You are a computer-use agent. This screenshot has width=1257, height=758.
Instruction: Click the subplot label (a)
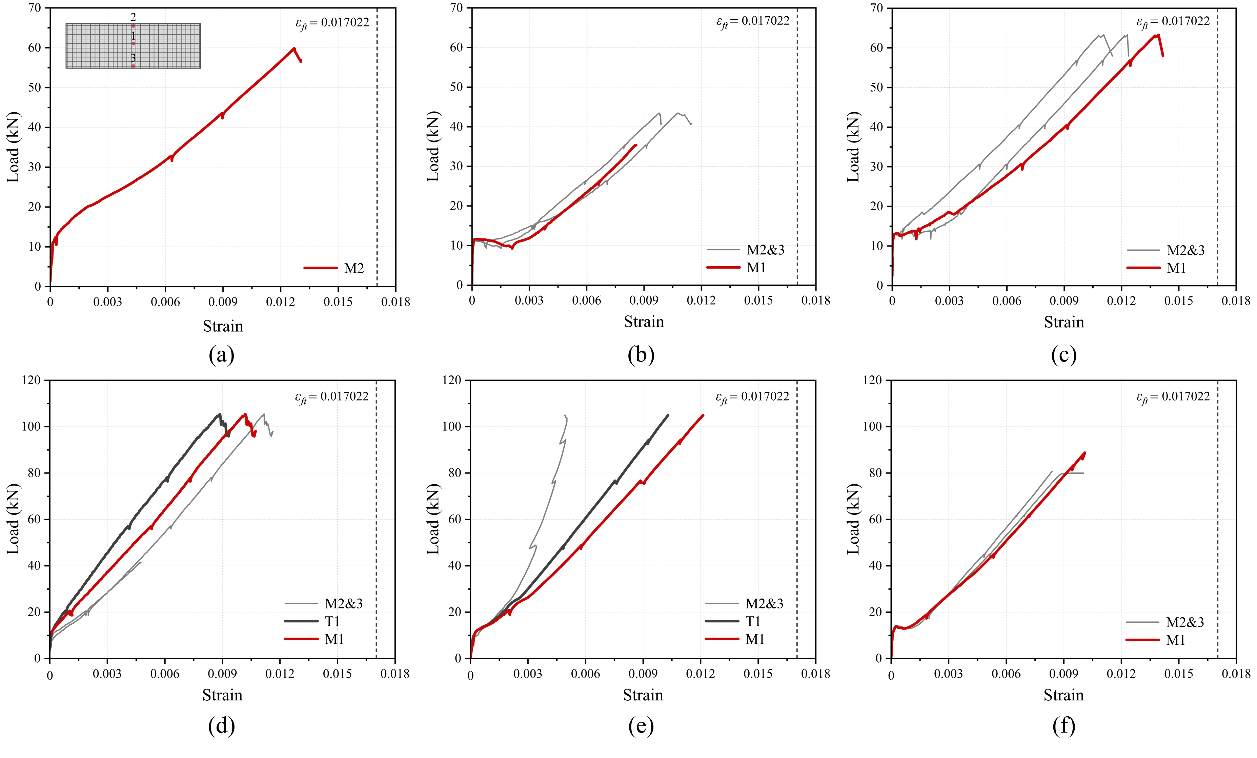[x=221, y=355]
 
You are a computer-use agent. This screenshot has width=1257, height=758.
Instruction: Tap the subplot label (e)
[x=641, y=726]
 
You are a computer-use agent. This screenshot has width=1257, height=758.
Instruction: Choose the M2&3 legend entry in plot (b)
[x=745, y=250]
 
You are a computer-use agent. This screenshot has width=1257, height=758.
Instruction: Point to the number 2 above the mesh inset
[x=133, y=17]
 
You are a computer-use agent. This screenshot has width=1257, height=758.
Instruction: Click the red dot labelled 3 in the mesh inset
[x=133, y=66]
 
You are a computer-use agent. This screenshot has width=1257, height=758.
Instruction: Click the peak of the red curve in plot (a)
[x=294, y=48]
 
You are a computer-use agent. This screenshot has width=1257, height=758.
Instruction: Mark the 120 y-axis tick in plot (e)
[x=452, y=380]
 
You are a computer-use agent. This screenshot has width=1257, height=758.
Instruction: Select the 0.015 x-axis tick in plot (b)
[x=758, y=300]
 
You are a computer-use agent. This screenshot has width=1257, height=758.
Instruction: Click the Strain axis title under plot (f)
[x=1063, y=695]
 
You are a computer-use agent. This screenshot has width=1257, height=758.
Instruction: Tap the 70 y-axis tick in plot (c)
[x=876, y=8]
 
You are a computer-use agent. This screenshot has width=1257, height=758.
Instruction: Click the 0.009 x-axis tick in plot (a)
[x=222, y=302]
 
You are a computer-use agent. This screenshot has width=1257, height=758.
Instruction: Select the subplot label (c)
[x=1064, y=355]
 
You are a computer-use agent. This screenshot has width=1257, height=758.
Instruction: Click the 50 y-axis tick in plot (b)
[x=456, y=87]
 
